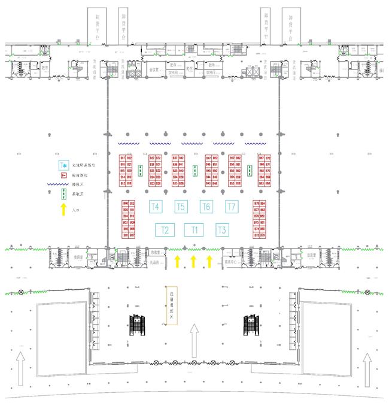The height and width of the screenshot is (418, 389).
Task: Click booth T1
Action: (x=193, y=229)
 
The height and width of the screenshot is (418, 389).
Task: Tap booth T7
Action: (x=232, y=207)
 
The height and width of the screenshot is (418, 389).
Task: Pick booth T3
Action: (x=222, y=229)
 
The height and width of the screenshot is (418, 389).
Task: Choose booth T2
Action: (x=165, y=229)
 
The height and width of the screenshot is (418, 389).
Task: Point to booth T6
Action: (x=206, y=207)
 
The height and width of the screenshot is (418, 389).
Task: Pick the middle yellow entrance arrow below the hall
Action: (x=193, y=261)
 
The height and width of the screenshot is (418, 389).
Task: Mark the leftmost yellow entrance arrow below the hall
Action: (x=177, y=261)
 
